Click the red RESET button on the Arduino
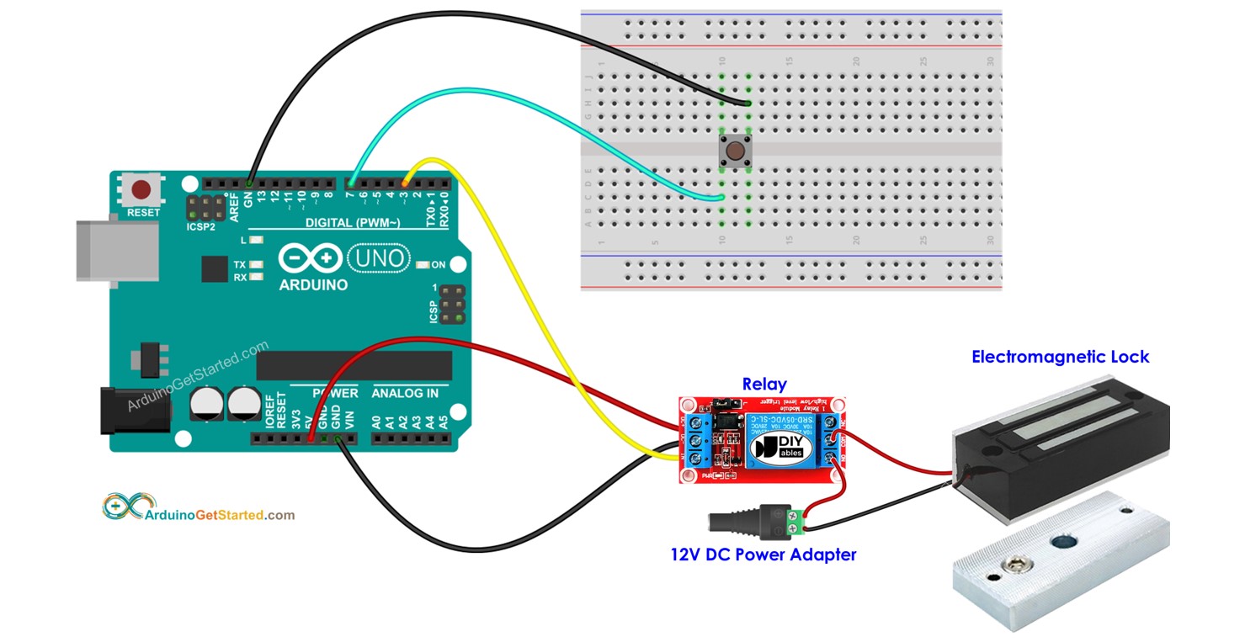tap(142, 188)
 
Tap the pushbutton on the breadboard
tap(735, 151)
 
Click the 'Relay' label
tap(764, 385)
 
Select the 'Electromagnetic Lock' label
tap(1060, 357)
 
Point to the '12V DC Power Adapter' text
tap(763, 554)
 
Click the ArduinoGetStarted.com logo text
tap(221, 514)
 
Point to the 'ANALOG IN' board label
tap(405, 393)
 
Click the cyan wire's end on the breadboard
tap(722, 199)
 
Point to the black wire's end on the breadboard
tap(748, 103)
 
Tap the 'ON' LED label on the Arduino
tap(439, 264)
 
